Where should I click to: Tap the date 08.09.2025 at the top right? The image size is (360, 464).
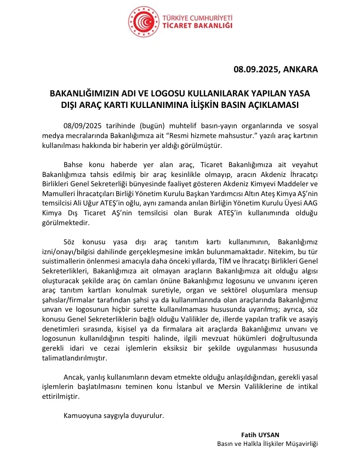coord(256,70)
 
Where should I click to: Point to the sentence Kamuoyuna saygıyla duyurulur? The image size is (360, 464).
coord(114,415)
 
